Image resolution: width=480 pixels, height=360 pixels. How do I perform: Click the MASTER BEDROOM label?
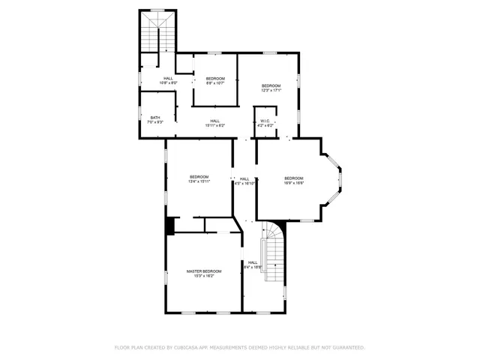click(204, 271)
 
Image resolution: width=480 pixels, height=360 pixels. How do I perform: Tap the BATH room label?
click(155, 117)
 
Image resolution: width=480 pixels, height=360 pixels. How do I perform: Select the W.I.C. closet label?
click(265, 121)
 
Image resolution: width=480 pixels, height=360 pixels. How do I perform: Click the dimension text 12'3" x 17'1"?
click(271, 91)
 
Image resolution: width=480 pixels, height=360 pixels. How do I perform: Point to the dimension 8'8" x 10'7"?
click(215, 83)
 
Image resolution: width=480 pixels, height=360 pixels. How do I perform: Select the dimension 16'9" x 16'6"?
click(294, 182)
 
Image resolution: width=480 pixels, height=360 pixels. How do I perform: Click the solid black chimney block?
click(170, 225)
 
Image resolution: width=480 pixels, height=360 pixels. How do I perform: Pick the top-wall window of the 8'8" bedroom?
click(214, 52)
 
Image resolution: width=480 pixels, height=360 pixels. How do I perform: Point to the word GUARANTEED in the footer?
click(347, 347)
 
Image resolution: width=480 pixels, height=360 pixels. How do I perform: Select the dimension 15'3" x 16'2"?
click(204, 276)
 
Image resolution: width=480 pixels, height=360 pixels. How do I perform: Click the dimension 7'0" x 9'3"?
click(155, 121)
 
